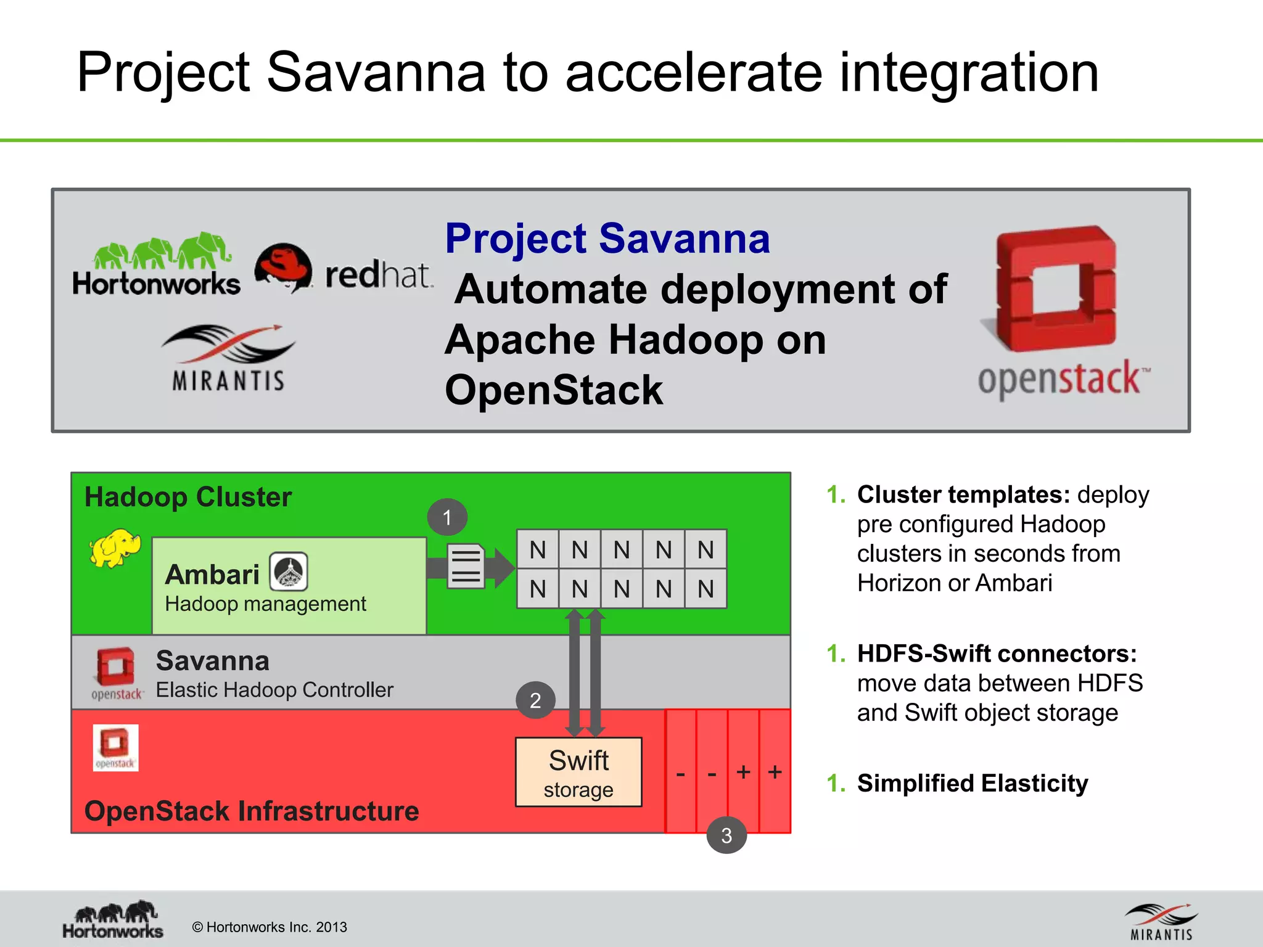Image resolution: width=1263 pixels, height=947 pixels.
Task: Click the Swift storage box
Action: point(578,772)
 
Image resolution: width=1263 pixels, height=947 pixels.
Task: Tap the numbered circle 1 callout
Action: point(447,517)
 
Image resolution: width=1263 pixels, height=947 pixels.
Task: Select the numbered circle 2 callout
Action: point(535,700)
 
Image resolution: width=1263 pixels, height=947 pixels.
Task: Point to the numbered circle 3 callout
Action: point(726,835)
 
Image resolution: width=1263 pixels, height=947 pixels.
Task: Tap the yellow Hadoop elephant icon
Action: point(114,547)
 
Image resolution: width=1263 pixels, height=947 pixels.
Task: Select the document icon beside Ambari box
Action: point(466,566)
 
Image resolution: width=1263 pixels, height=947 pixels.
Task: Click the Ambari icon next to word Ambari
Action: point(289,572)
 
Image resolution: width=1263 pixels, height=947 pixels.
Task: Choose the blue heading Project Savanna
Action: point(607,239)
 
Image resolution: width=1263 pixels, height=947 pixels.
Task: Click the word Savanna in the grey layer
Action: point(213,661)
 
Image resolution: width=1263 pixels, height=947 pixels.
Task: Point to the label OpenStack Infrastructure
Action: point(252,811)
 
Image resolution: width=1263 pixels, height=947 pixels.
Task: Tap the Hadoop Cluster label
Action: point(188,497)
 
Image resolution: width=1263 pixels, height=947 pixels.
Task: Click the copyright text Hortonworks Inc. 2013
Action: point(269,927)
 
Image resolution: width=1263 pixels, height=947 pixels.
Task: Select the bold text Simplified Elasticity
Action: point(973,783)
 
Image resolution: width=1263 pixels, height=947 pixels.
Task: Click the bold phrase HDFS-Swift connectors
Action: point(997,654)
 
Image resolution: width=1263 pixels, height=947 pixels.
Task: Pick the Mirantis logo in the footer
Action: point(1161,922)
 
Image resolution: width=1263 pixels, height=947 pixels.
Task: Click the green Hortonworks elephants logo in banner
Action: point(157,265)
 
